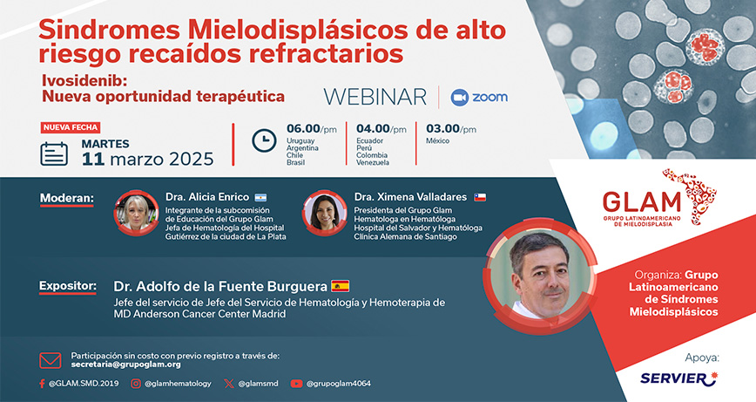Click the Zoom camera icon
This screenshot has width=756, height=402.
pyautogui.click(x=460, y=98)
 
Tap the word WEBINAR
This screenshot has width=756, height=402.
pyautogui.click(x=375, y=97)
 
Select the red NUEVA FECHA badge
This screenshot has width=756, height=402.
pyautogui.click(x=71, y=127)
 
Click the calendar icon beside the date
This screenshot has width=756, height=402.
pyautogui.click(x=54, y=154)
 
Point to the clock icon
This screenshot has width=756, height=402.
pyautogui.click(x=264, y=141)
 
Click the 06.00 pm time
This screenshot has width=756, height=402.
pyautogui.click(x=312, y=129)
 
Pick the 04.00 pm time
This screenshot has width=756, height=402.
pyautogui.click(x=381, y=129)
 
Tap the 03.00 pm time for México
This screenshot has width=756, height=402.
pyautogui.click(x=451, y=129)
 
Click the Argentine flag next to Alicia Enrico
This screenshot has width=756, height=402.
pyautogui.click(x=260, y=197)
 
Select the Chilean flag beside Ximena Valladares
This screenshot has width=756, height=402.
pyautogui.click(x=480, y=197)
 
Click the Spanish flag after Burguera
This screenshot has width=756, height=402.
pyautogui.click(x=341, y=286)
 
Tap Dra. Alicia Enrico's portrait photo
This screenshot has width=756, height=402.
pyautogui.click(x=136, y=213)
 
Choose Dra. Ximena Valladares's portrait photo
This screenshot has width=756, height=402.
pyautogui.click(x=325, y=213)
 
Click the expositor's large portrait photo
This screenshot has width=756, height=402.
pyautogui.click(x=541, y=276)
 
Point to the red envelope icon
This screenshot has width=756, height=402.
pyautogui.click(x=51, y=360)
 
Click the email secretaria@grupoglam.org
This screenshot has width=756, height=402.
pyautogui.click(x=125, y=365)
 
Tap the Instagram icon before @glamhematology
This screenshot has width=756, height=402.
pyautogui.click(x=136, y=384)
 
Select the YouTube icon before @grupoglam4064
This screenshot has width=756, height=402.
pyautogui.click(x=296, y=384)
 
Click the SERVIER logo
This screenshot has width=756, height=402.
pyautogui.click(x=678, y=378)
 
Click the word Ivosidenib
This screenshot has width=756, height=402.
pyautogui.click(x=84, y=80)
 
